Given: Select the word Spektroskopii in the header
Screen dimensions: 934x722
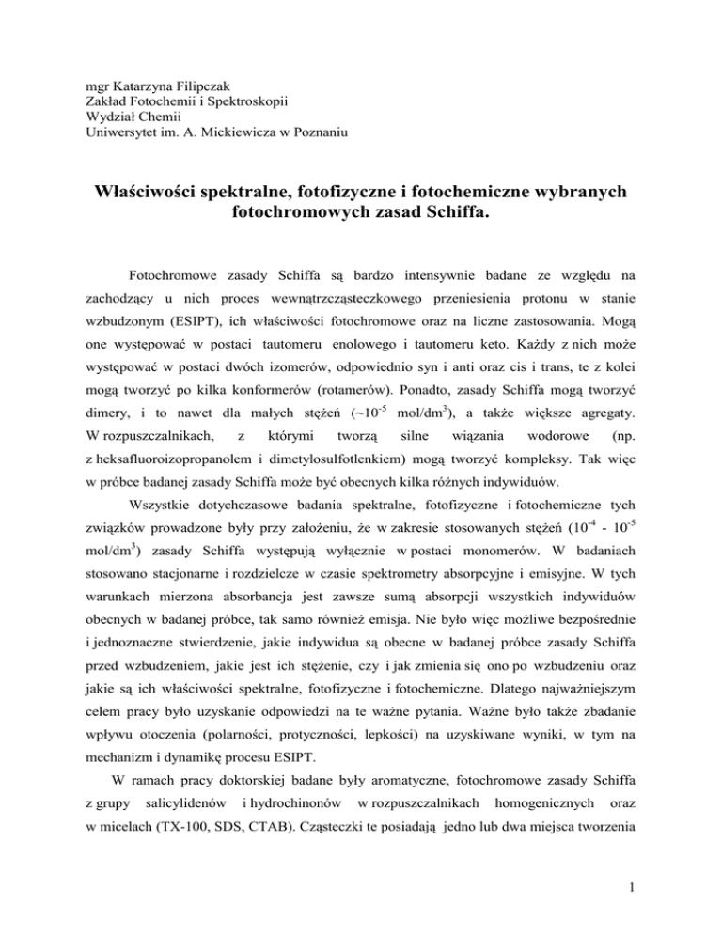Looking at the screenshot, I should [251, 101].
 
